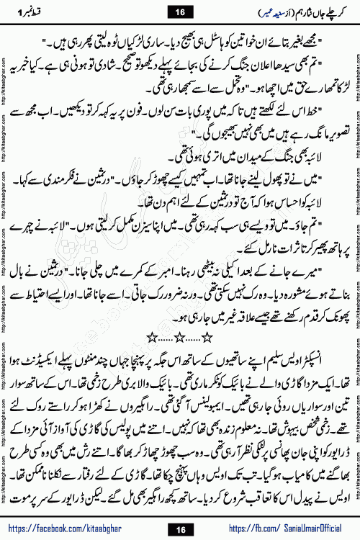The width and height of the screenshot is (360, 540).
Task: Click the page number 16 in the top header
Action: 180,11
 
